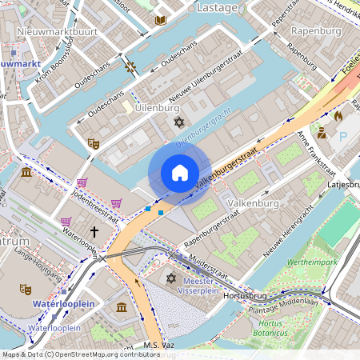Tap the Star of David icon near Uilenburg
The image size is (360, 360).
[178, 122]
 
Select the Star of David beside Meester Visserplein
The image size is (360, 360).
[170, 278]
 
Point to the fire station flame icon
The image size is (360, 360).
[337, 116]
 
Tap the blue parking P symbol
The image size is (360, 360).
[343, 137]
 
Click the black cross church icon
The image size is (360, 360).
[94, 232]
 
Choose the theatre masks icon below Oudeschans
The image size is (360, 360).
[93, 143]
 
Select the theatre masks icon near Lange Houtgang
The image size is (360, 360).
[25, 289]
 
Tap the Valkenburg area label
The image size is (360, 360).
[254, 203]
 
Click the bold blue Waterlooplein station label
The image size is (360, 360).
[58, 304]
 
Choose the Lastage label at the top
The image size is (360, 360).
[217, 7]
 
